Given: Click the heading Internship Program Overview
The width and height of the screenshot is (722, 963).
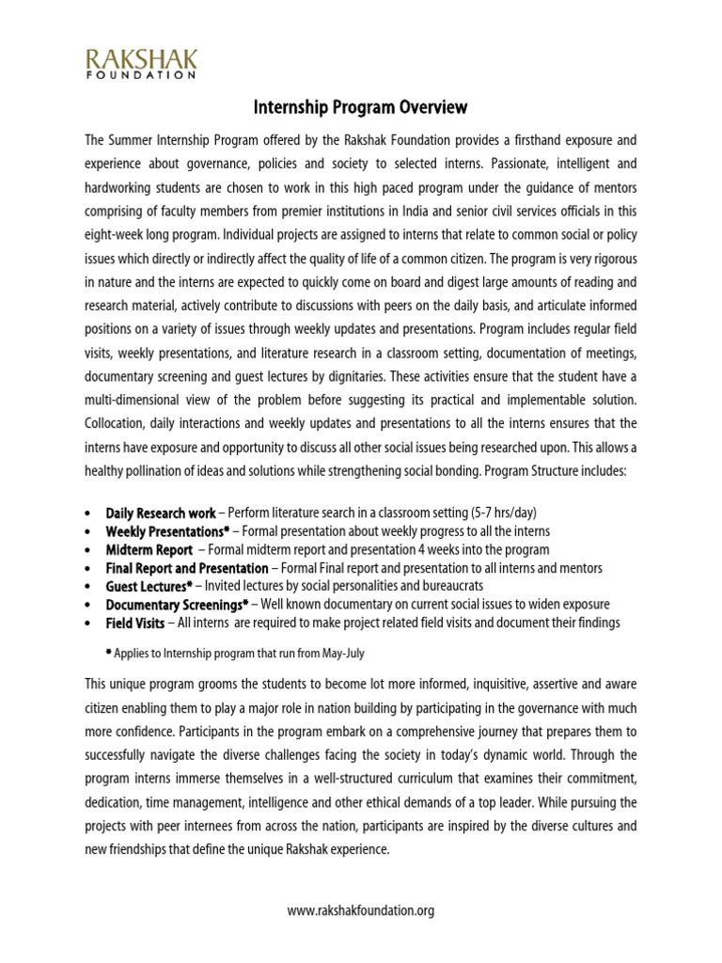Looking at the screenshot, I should (361, 108).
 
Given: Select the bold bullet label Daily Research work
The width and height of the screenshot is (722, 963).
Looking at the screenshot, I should (161, 513).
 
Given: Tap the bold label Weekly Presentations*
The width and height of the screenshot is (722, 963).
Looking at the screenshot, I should (167, 531).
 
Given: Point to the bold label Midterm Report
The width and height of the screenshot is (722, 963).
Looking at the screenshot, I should (149, 549).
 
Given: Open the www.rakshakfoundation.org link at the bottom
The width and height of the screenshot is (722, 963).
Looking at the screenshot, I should (361, 910).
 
